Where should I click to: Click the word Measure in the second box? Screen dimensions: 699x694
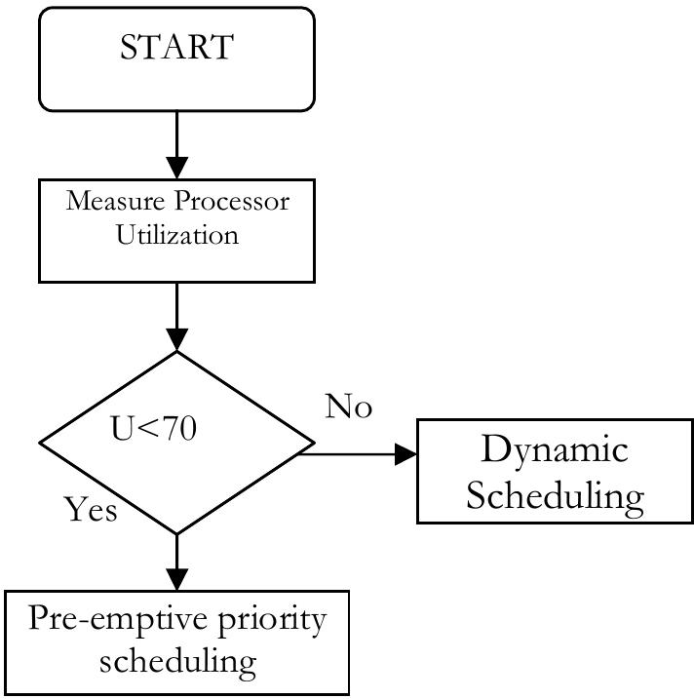tap(107, 202)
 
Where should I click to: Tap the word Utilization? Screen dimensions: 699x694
tap(176, 235)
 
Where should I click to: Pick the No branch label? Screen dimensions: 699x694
tap(348, 407)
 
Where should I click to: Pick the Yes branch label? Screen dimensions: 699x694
tap(91, 509)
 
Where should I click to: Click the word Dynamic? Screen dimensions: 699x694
tap(555, 450)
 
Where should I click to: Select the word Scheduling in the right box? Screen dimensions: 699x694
tap(555, 495)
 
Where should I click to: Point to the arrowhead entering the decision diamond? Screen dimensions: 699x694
tap(176, 339)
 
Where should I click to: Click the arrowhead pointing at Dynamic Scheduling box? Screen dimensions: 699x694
tap(405, 454)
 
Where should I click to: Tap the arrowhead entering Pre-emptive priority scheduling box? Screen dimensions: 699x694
tap(176, 578)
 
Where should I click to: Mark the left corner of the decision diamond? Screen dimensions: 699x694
tap(40, 444)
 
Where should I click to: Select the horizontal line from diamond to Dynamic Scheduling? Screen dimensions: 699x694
tap(351, 454)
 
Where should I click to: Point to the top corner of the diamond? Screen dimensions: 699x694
tap(176, 353)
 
